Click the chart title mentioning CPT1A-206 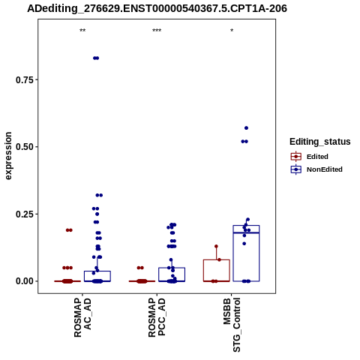click(157, 9)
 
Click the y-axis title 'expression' click(8, 156)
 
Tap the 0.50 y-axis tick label click(25, 147)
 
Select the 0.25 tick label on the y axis click(25, 214)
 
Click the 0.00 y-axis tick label click(25, 281)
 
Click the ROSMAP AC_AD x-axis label click(82, 317)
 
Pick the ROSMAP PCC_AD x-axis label click(157, 317)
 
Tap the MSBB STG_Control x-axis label click(232, 325)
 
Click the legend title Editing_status click(320, 142)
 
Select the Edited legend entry click(310, 157)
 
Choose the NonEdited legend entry click(316, 169)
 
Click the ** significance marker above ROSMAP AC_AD click(82, 31)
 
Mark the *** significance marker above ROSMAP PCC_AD click(157, 31)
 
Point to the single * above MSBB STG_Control click(232, 31)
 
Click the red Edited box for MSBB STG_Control click(217, 260)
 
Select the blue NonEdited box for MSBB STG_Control click(246, 226)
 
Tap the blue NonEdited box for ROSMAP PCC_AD click(172, 268)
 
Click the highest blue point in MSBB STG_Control click(246, 128)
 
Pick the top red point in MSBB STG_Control click(216, 247)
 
